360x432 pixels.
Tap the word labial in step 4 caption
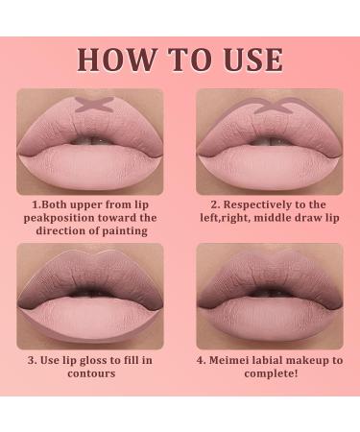click(286, 360)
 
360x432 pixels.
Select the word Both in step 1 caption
click(59, 204)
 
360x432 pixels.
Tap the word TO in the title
click(180, 59)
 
